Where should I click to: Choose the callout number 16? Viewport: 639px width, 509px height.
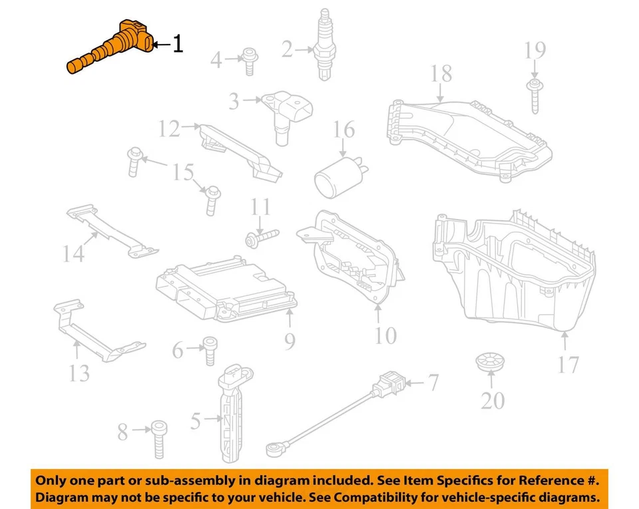(x=344, y=129)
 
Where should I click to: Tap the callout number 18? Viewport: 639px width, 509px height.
(x=442, y=73)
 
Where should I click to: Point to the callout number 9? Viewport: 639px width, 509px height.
(x=289, y=341)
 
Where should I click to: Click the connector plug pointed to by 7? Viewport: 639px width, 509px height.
(x=389, y=385)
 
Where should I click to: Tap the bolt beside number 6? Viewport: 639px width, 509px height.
(x=209, y=350)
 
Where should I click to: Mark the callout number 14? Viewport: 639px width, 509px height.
(x=74, y=253)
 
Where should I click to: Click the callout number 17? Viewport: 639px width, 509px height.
(x=568, y=364)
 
